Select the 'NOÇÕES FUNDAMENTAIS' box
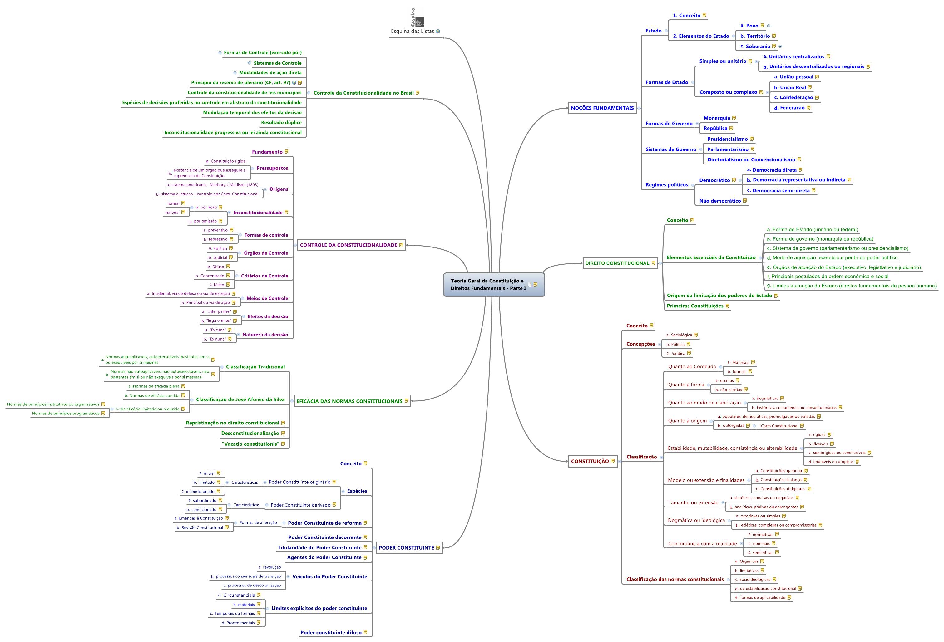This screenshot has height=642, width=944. (x=602, y=108)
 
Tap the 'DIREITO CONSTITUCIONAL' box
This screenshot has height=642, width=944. (x=617, y=263)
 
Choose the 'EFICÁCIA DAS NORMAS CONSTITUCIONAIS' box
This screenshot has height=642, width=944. (x=349, y=401)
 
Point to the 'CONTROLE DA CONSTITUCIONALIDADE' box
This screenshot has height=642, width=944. (x=348, y=245)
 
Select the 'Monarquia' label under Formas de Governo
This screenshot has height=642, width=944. (x=717, y=118)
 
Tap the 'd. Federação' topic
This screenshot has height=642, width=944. (x=792, y=108)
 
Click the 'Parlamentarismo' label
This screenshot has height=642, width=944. (x=728, y=149)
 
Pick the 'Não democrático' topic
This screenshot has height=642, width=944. (x=720, y=201)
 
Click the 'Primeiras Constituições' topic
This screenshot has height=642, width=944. (x=695, y=306)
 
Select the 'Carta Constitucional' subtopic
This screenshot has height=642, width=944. (x=779, y=426)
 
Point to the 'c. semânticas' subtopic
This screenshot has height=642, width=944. (x=763, y=553)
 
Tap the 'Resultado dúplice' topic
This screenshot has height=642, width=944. (x=281, y=123)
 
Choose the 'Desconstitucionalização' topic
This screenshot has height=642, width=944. (x=250, y=433)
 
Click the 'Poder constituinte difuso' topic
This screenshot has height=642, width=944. (x=331, y=633)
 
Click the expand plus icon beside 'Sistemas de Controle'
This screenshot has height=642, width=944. (x=250, y=63)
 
